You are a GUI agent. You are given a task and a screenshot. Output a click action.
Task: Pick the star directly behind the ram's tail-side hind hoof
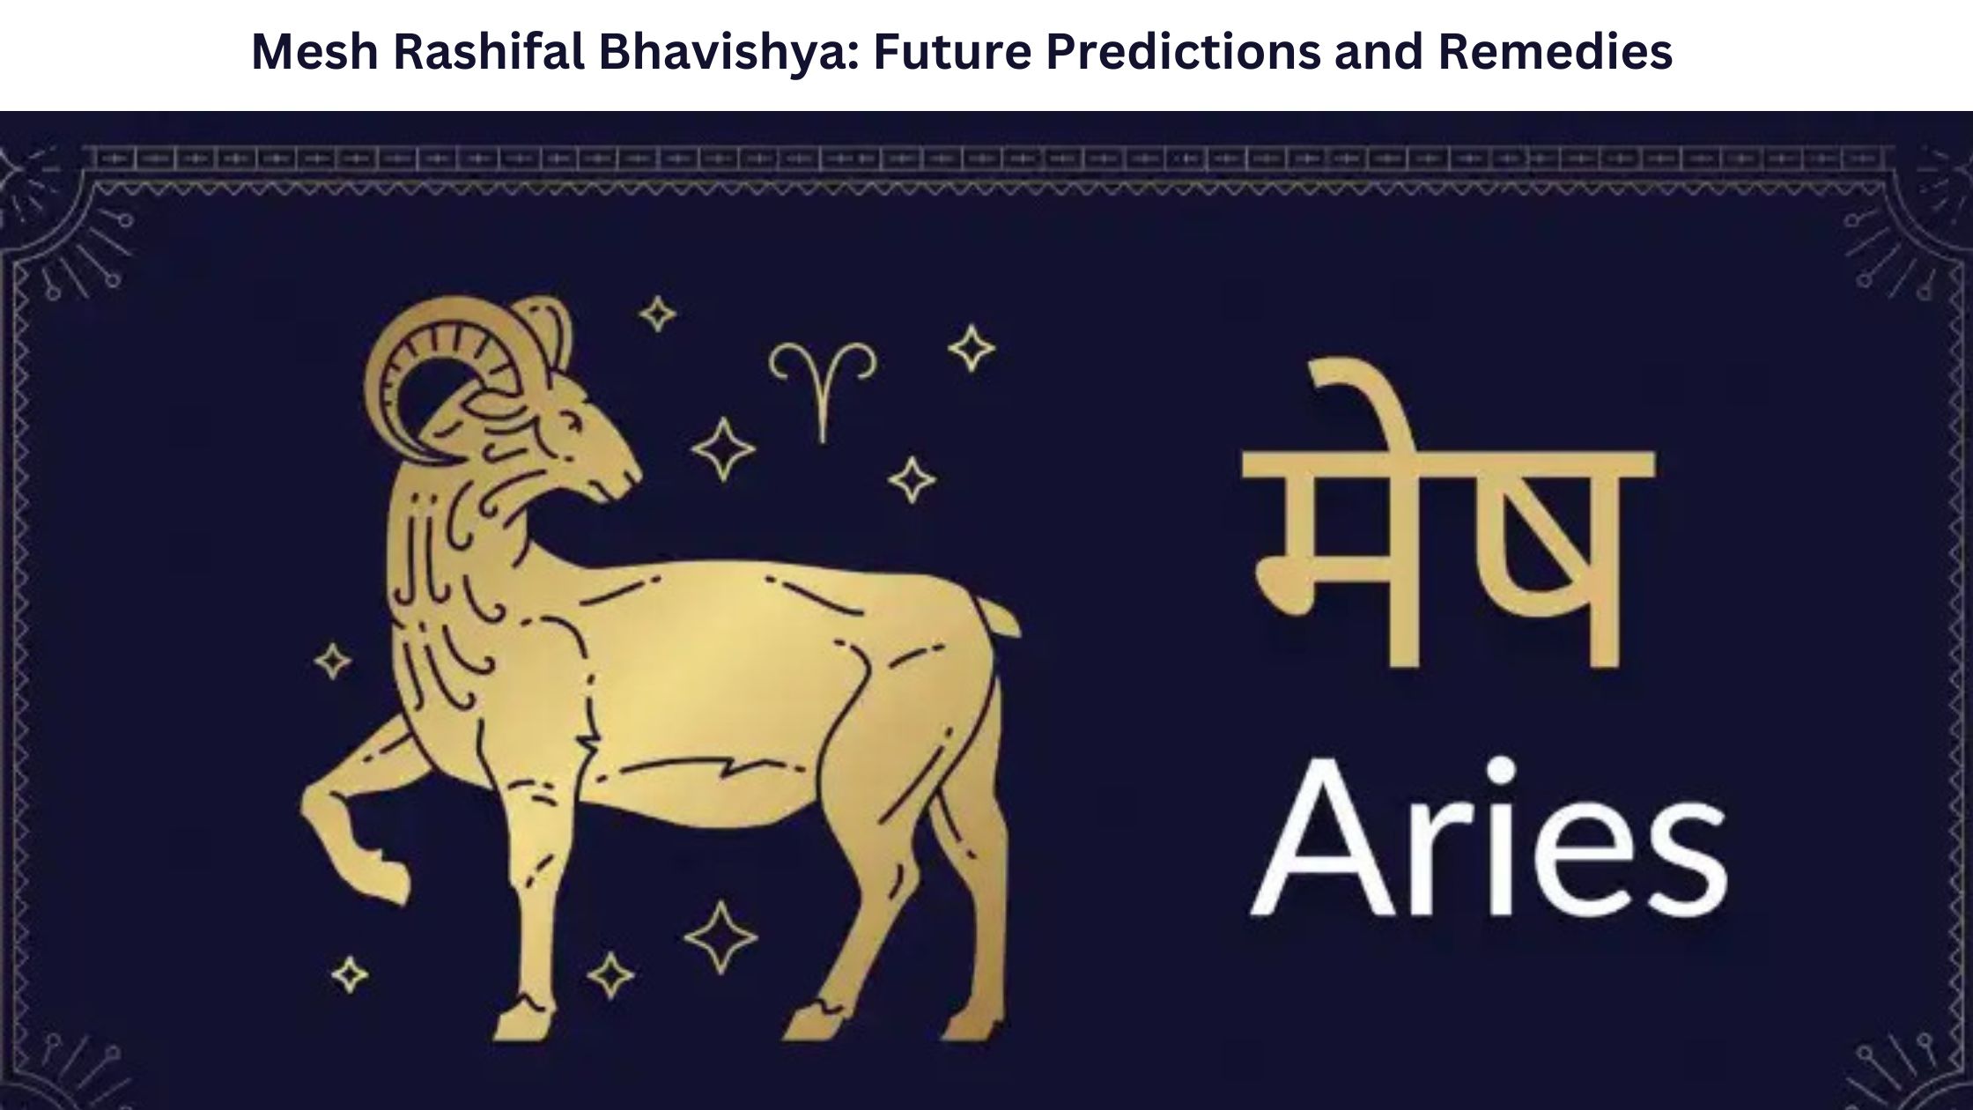720,936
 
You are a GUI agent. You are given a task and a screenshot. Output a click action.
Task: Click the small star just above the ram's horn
657,314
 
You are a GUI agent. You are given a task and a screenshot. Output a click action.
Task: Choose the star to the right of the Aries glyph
971,348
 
